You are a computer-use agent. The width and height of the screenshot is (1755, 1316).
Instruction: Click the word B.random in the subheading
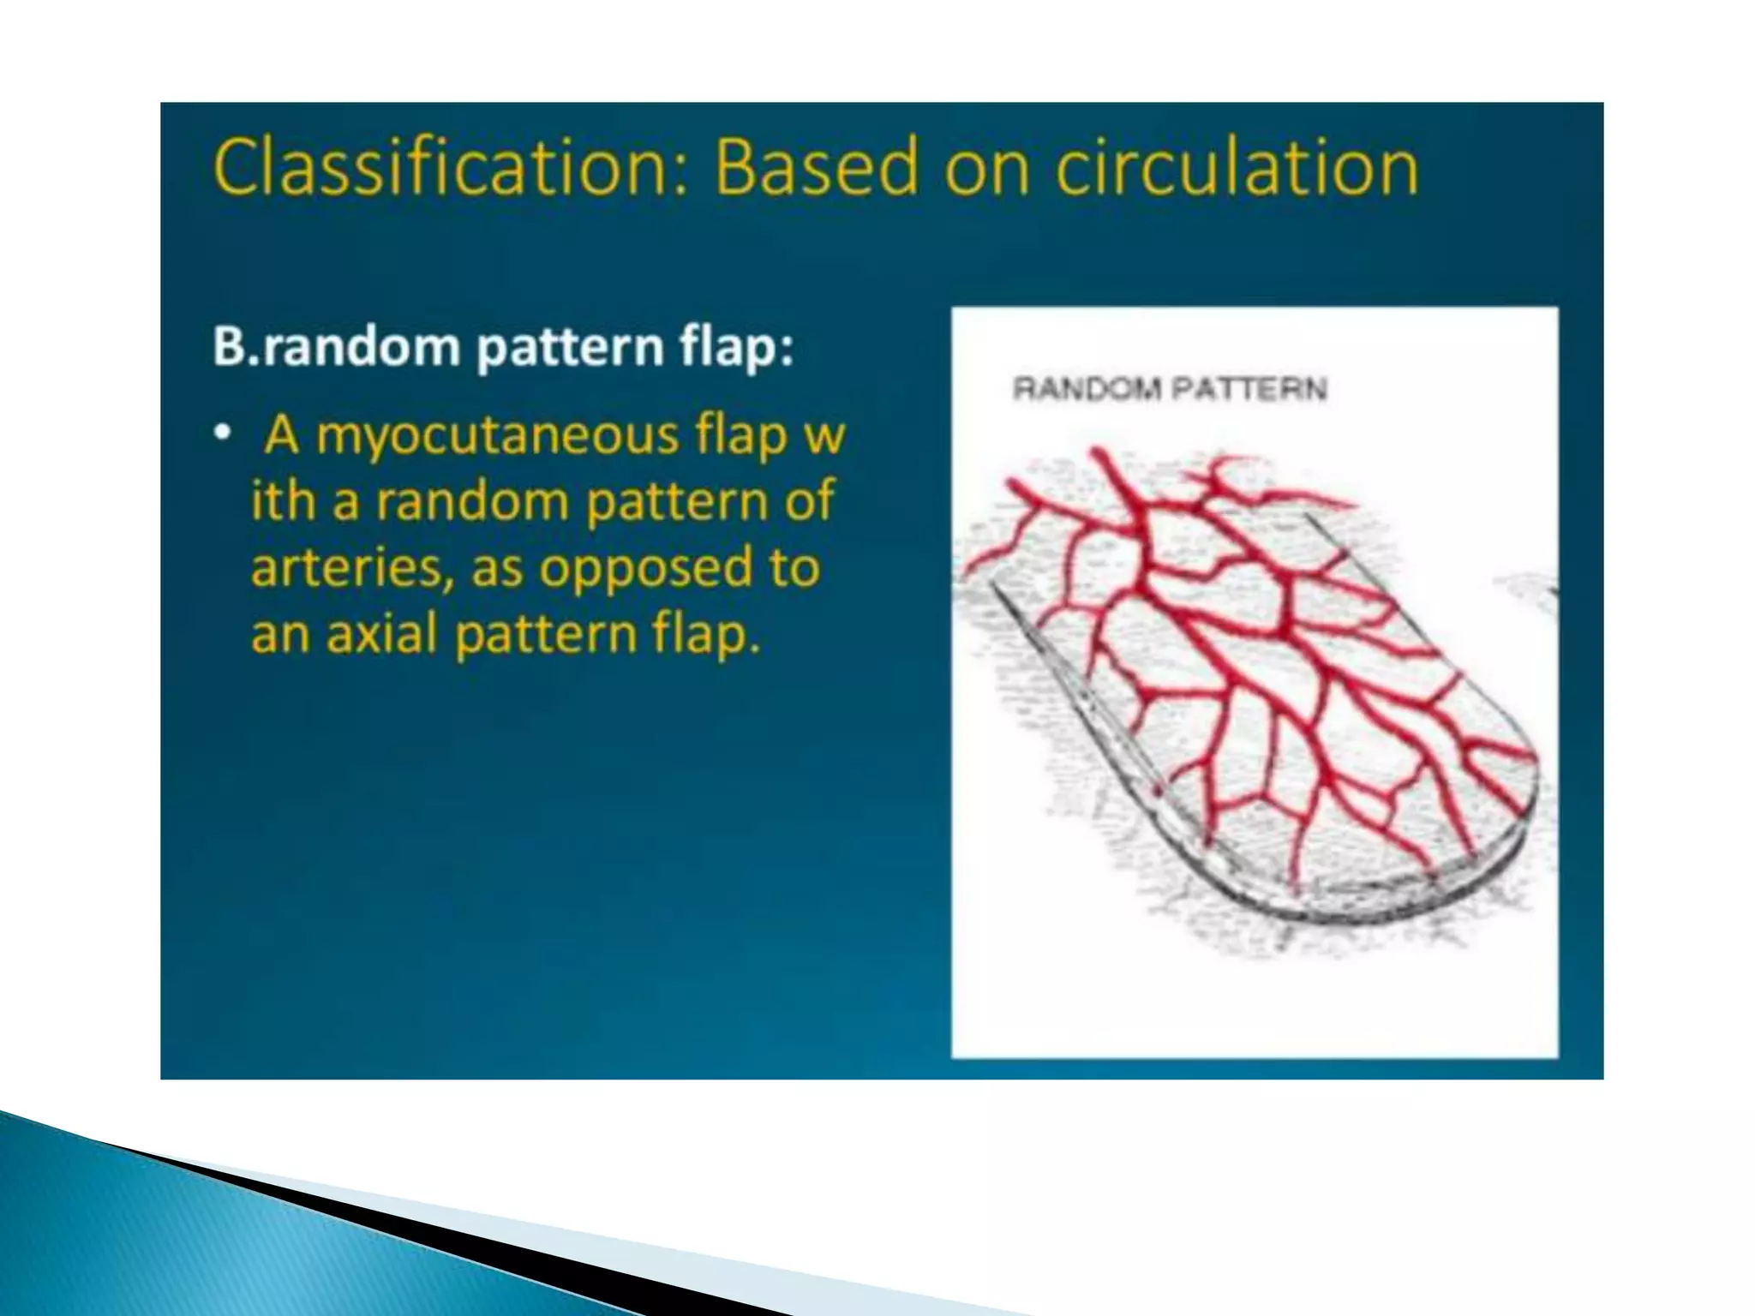pyautogui.click(x=336, y=348)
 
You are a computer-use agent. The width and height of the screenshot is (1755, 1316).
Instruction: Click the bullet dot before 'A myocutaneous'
pyautogui.click(x=223, y=435)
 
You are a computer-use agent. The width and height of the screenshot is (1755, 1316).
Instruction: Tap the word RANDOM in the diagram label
pyautogui.click(x=1087, y=390)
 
